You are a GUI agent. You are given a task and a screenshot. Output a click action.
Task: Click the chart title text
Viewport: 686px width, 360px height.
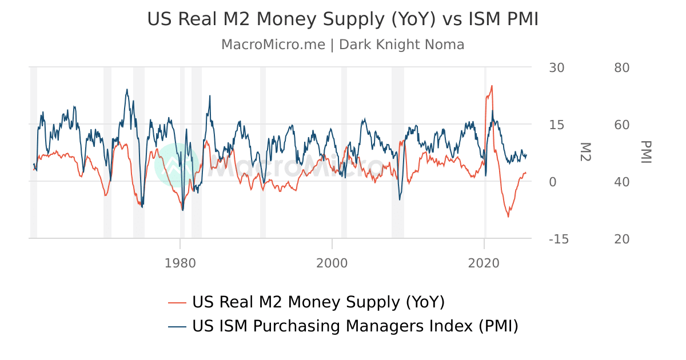click(343, 19)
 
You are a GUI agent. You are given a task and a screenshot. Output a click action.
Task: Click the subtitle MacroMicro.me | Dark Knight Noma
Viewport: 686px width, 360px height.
click(343, 45)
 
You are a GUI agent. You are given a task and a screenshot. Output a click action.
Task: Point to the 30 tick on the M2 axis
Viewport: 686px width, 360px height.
click(556, 67)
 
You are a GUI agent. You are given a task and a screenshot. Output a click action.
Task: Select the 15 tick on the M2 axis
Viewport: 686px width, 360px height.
click(556, 125)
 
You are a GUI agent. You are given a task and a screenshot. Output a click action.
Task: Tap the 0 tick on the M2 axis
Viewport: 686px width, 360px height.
click(552, 182)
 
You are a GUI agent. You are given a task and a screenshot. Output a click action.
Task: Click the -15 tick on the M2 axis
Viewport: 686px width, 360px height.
click(559, 239)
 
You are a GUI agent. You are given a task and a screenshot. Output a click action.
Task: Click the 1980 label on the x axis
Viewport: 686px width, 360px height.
click(180, 263)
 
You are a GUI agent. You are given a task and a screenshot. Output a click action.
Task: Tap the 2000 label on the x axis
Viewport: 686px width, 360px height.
click(332, 263)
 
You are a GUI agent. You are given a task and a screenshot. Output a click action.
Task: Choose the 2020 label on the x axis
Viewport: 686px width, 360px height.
click(484, 263)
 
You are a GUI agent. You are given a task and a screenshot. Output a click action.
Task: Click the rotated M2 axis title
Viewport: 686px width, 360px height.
click(584, 152)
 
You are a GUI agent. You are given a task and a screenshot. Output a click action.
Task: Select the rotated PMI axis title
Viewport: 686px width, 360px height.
click(646, 152)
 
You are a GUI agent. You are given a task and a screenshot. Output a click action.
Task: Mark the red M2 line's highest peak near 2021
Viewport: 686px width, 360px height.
click(492, 86)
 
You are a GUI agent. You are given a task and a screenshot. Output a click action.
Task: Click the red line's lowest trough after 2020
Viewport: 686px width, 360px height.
click(508, 217)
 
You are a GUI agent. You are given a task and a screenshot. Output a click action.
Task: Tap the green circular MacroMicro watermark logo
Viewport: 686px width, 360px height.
click(177, 165)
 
